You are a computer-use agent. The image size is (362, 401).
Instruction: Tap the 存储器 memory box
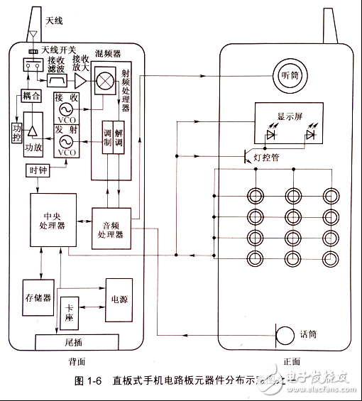[37, 298]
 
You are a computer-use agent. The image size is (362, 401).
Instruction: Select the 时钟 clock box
[37, 170]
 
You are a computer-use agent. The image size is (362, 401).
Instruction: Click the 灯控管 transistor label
[266, 158]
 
